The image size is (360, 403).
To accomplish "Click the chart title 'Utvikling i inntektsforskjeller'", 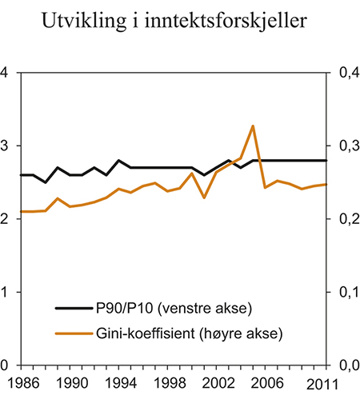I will [180, 25].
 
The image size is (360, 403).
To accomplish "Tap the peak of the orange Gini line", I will [253, 126].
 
